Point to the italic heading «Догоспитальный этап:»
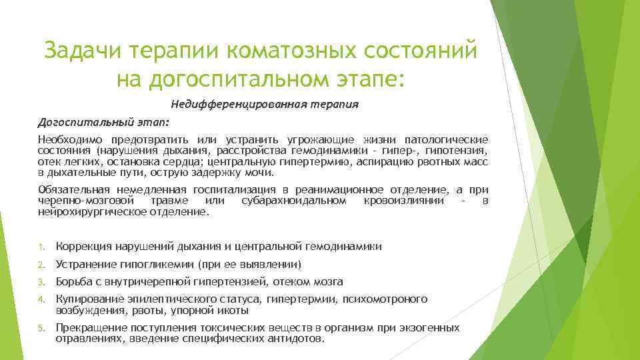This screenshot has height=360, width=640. coord(103,123)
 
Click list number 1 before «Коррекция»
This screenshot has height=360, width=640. coord(41,247)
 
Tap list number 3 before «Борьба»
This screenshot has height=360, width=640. coord(41,282)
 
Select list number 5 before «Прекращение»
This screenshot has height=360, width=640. coord(41,329)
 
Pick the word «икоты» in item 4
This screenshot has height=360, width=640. coord(234,310)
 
